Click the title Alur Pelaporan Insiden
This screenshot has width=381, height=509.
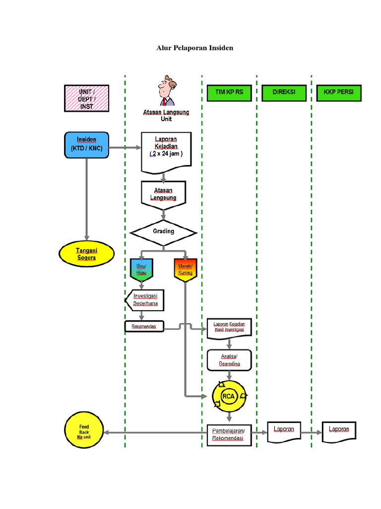pos(194,48)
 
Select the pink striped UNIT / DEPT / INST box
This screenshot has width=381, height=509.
pos(87,98)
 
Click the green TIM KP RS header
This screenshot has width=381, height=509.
pos(229,93)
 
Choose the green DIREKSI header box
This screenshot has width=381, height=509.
pos(284,93)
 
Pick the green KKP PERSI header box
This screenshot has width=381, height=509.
pos(339,93)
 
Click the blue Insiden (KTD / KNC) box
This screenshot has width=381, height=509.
pos(86,145)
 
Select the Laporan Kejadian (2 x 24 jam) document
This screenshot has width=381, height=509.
pos(166,151)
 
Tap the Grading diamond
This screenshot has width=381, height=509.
pos(163,232)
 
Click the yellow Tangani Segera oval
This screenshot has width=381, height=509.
pos(86,254)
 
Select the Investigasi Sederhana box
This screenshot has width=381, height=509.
pos(145,300)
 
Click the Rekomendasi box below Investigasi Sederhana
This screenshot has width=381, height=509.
pos(144,327)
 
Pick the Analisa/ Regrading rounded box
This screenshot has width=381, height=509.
pos(229,360)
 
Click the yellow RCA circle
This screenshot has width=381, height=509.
pos(229,396)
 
